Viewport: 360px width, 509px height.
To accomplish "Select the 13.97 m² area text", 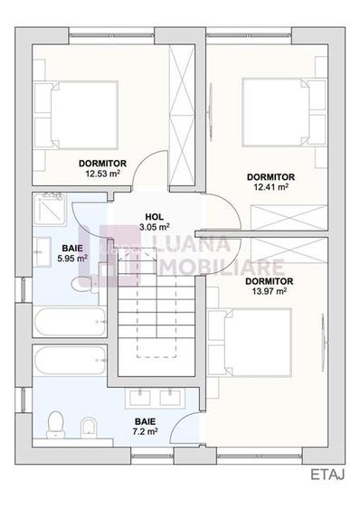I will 269,291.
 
